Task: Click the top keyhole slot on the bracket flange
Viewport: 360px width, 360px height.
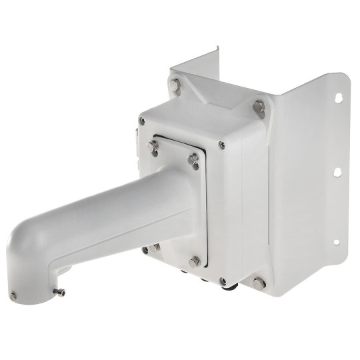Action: click(x=338, y=98)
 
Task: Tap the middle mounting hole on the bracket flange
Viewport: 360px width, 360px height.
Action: click(x=338, y=172)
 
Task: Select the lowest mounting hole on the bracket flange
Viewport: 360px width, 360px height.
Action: click(x=336, y=242)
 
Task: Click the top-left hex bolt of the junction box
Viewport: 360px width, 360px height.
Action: click(x=175, y=85)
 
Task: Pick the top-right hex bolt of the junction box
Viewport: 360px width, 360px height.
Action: click(x=259, y=106)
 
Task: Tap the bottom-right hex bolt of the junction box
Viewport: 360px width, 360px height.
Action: click(x=259, y=283)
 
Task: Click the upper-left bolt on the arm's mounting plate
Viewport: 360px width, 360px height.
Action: click(x=153, y=145)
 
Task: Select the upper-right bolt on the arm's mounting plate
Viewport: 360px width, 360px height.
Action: click(x=193, y=159)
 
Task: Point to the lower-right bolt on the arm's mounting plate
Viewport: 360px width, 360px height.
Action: click(x=194, y=261)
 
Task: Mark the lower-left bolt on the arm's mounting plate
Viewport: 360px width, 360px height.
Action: click(x=154, y=247)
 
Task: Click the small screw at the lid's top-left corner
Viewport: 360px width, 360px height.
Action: click(x=143, y=121)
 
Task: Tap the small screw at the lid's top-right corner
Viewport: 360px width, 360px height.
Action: click(x=222, y=145)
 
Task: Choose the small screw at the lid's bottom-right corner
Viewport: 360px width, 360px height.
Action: click(x=222, y=281)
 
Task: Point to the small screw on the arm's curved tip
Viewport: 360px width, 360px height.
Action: click(x=13, y=295)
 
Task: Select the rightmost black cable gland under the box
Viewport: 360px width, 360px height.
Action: click(x=232, y=288)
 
